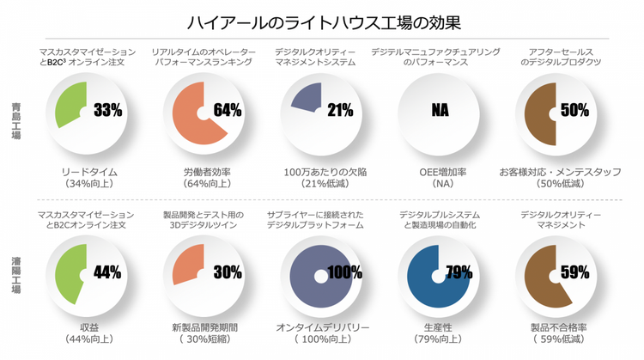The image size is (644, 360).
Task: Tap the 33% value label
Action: click(x=107, y=111)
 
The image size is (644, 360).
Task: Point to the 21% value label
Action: click(x=340, y=111)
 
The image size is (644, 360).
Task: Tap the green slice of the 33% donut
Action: click(x=71, y=103)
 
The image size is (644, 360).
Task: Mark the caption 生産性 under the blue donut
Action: click(x=439, y=327)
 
